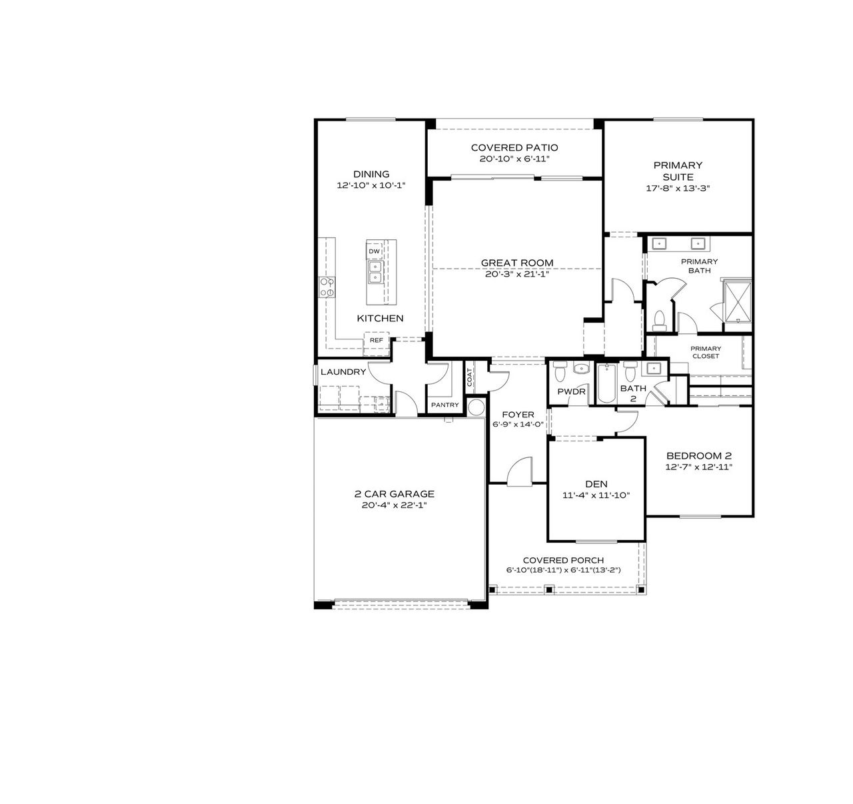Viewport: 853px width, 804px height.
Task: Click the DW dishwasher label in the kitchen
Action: [375, 251]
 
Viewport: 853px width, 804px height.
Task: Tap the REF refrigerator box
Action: [377, 340]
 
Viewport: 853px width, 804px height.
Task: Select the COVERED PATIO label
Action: [514, 147]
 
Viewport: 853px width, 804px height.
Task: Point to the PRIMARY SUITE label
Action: [678, 171]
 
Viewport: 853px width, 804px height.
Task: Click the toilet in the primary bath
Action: [659, 321]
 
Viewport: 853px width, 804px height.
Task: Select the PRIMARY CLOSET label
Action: [706, 352]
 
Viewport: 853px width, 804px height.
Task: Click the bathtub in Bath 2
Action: [607, 385]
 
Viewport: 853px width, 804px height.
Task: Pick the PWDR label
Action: [571, 392]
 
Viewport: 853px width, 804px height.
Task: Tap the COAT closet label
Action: [470, 378]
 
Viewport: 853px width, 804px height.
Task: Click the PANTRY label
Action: [444, 405]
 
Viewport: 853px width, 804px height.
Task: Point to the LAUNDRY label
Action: [343, 371]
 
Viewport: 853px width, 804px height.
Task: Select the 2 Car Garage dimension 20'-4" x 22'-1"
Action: [394, 505]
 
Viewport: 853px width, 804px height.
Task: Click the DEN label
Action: [596, 484]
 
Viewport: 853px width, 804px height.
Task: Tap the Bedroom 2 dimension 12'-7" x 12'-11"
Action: [699, 467]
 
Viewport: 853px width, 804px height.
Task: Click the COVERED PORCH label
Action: [563, 560]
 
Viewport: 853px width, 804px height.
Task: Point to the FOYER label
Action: [518, 414]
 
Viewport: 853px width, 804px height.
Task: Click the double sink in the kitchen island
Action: [375, 271]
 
